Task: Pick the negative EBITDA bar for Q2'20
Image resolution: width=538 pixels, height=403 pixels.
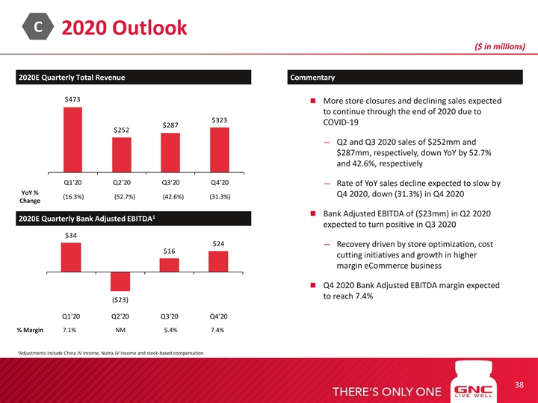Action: [121, 281]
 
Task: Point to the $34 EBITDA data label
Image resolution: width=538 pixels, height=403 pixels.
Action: [72, 237]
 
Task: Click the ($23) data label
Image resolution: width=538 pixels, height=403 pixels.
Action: [121, 299]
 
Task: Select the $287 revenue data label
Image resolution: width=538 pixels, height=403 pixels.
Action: [170, 125]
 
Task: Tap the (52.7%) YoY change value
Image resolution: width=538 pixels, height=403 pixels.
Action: [124, 197]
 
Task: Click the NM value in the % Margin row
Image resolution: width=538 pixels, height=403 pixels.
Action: [121, 330]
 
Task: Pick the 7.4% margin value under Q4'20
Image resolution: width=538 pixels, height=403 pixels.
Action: [218, 330]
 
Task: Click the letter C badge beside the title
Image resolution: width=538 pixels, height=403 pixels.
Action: [36, 26]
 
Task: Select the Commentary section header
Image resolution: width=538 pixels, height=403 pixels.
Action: [312, 78]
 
